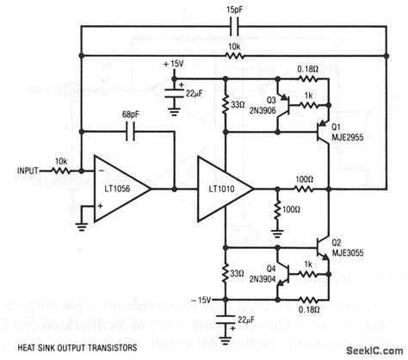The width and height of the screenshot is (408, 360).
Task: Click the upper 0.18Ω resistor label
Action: pyautogui.click(x=307, y=68)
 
